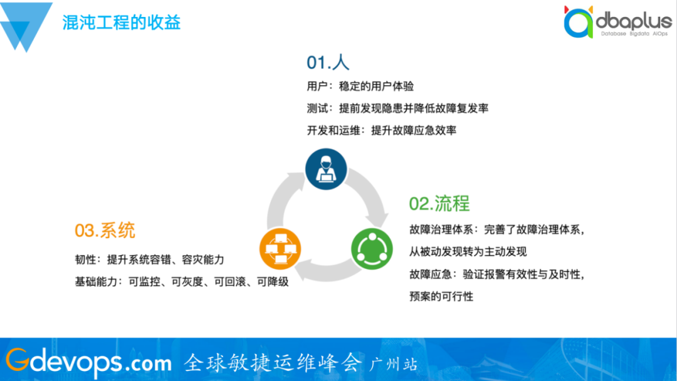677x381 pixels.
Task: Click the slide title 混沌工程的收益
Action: coord(122,22)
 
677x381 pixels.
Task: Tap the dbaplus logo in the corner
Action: coord(618,21)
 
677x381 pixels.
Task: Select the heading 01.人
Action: coord(328,63)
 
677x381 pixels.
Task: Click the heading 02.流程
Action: coord(439,203)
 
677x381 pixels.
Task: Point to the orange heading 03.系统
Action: coord(105,230)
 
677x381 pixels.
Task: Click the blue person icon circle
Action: coord(326,169)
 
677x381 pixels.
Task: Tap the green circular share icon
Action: coord(372,249)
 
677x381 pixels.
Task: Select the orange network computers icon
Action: coord(280,249)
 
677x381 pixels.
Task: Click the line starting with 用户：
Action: coord(360,86)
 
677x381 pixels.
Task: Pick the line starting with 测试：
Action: coord(397,108)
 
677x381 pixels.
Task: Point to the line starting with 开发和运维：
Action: coord(381,130)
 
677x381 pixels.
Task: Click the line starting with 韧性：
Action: coord(149,259)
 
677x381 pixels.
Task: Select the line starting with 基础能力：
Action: coord(182,282)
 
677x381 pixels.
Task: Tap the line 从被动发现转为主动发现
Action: coord(468,251)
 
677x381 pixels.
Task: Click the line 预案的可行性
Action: coord(441,296)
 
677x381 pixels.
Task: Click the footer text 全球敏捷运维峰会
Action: coord(273,362)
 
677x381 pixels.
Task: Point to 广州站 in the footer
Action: coord(393,364)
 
